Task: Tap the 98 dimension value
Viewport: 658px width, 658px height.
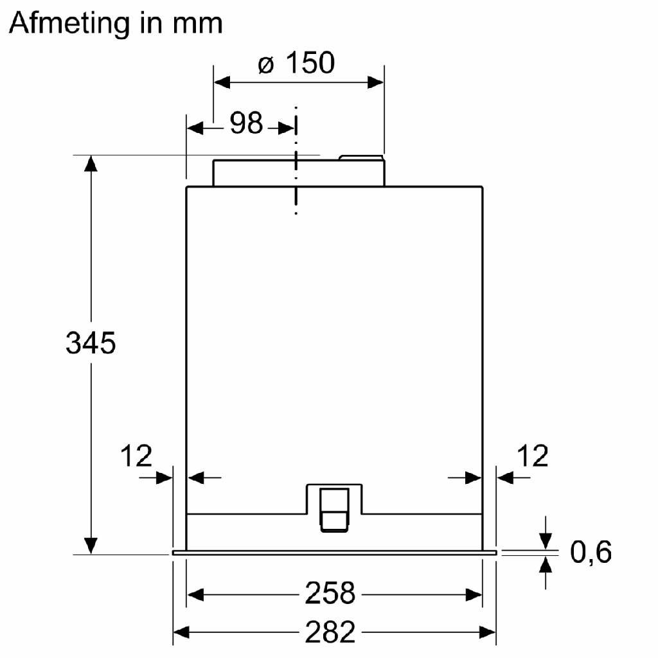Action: pyautogui.click(x=247, y=123)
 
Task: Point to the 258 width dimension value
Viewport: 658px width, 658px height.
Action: pyautogui.click(x=330, y=592)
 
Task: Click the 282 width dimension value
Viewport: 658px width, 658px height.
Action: pyautogui.click(x=330, y=632)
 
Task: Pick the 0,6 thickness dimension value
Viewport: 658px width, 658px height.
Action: pyautogui.click(x=591, y=552)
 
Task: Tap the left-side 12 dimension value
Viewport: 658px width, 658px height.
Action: pyautogui.click(x=136, y=456)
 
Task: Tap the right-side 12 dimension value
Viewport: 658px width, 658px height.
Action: pyautogui.click(x=532, y=456)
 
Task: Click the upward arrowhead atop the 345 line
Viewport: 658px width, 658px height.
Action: pyautogui.click(x=91, y=163)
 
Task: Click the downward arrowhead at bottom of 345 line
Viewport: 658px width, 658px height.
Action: pyautogui.click(x=91, y=546)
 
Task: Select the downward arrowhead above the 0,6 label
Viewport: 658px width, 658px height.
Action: pyautogui.click(x=546, y=542)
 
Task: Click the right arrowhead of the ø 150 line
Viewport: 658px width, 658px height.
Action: pyautogui.click(x=376, y=82)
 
